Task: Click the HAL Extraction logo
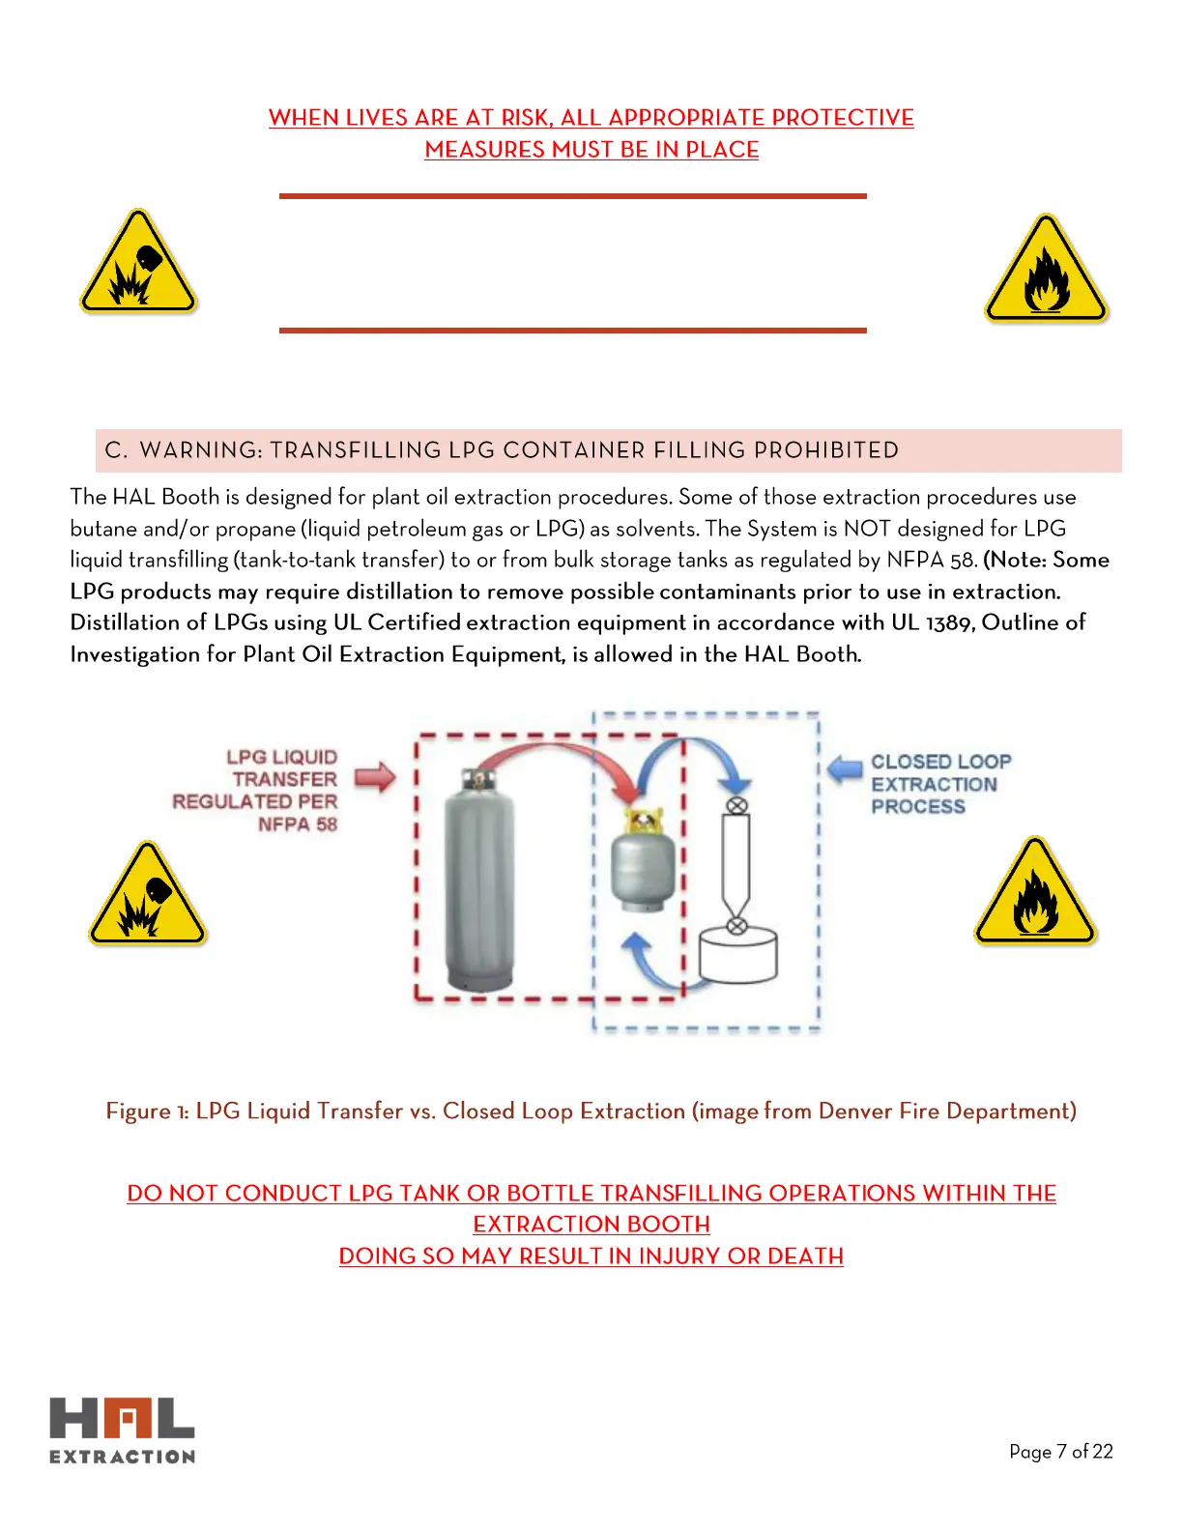click(122, 1430)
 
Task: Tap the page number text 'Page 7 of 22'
click(1060, 1451)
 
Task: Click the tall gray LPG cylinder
click(478, 880)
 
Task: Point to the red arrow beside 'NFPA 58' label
click(375, 777)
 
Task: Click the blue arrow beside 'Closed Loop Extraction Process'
click(845, 767)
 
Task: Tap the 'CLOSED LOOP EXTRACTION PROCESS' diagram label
click(939, 784)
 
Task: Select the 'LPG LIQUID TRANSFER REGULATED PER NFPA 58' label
click(257, 791)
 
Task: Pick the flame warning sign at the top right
click(1046, 271)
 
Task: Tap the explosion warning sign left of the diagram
click(147, 896)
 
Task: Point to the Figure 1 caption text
click(591, 1111)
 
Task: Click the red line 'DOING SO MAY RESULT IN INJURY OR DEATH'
click(591, 1256)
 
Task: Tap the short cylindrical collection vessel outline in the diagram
click(737, 957)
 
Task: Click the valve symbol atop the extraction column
click(736, 804)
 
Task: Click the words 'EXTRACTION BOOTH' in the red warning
click(591, 1224)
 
